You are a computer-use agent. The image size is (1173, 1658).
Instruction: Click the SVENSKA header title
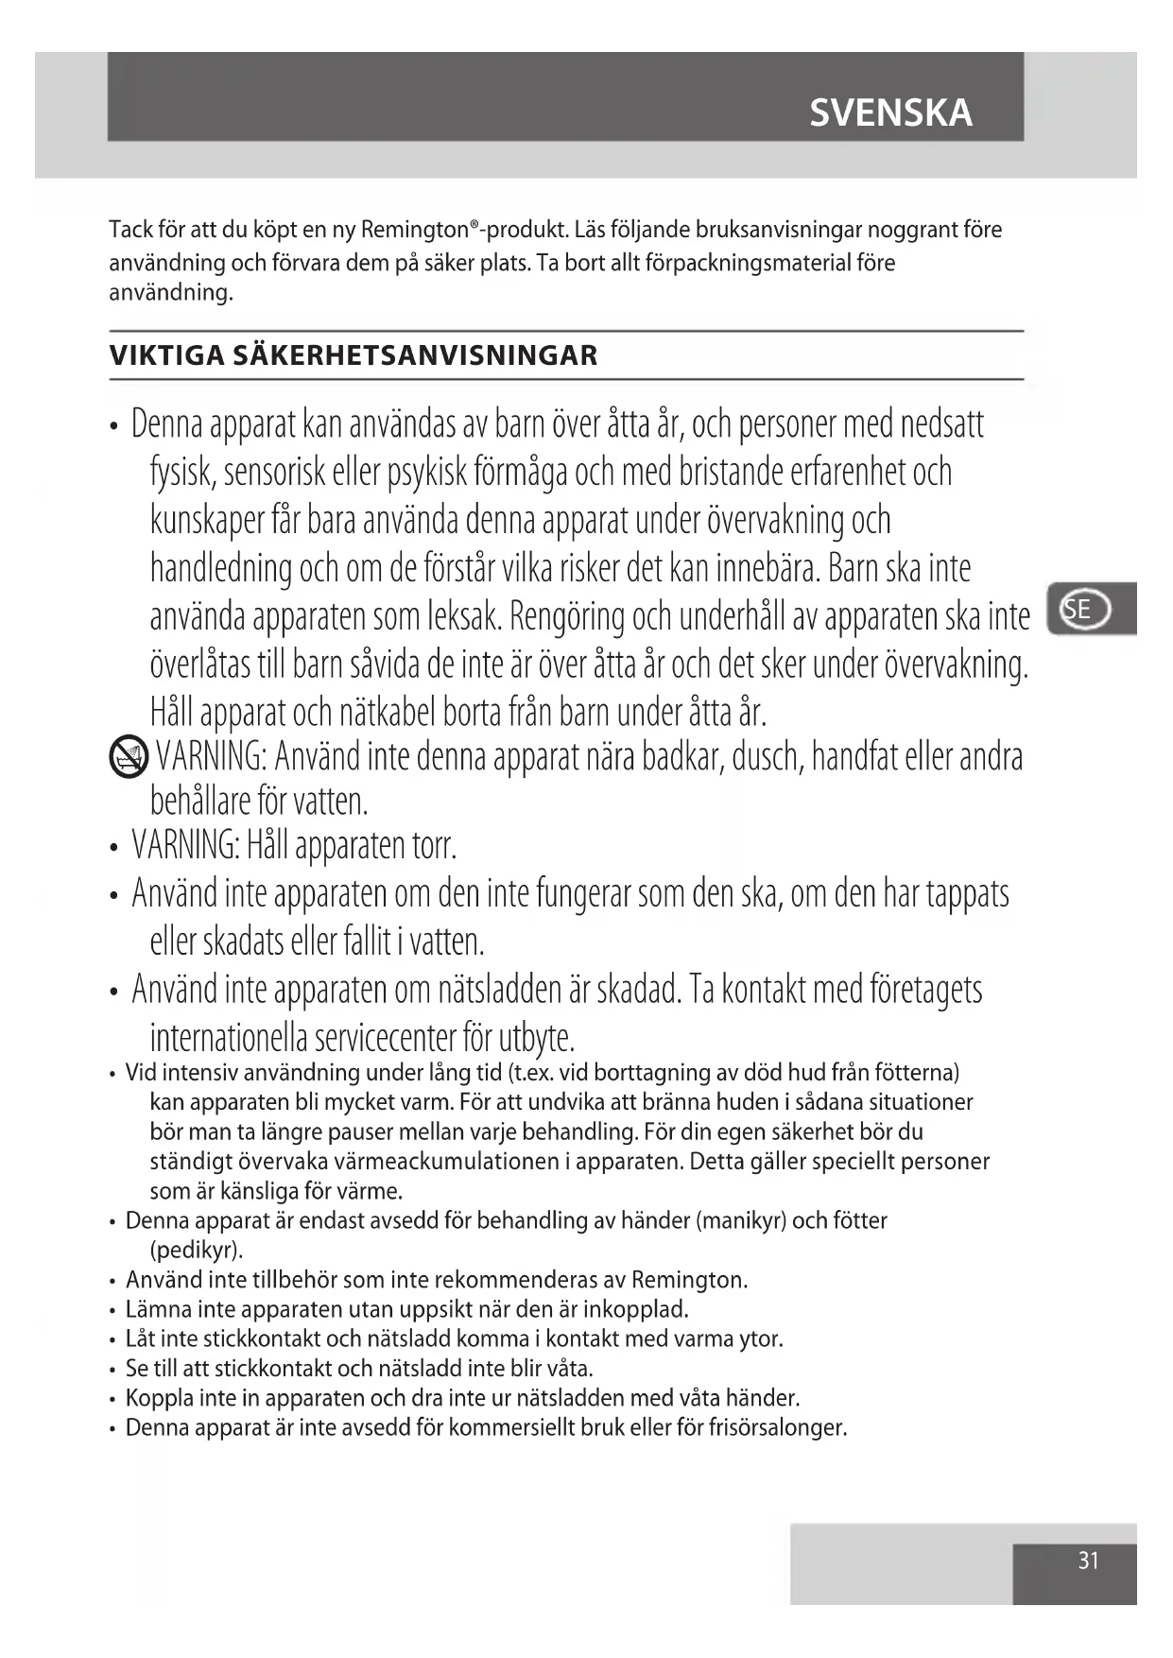point(889,113)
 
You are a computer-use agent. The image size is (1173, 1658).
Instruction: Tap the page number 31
point(1088,1561)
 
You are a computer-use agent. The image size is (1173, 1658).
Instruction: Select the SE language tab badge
point(1085,609)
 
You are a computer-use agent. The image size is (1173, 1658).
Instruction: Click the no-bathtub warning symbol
point(129,756)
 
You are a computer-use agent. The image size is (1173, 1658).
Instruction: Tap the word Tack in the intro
point(130,230)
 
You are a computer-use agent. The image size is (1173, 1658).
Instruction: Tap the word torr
point(434,845)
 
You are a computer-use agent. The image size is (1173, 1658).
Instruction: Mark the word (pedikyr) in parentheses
point(196,1250)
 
